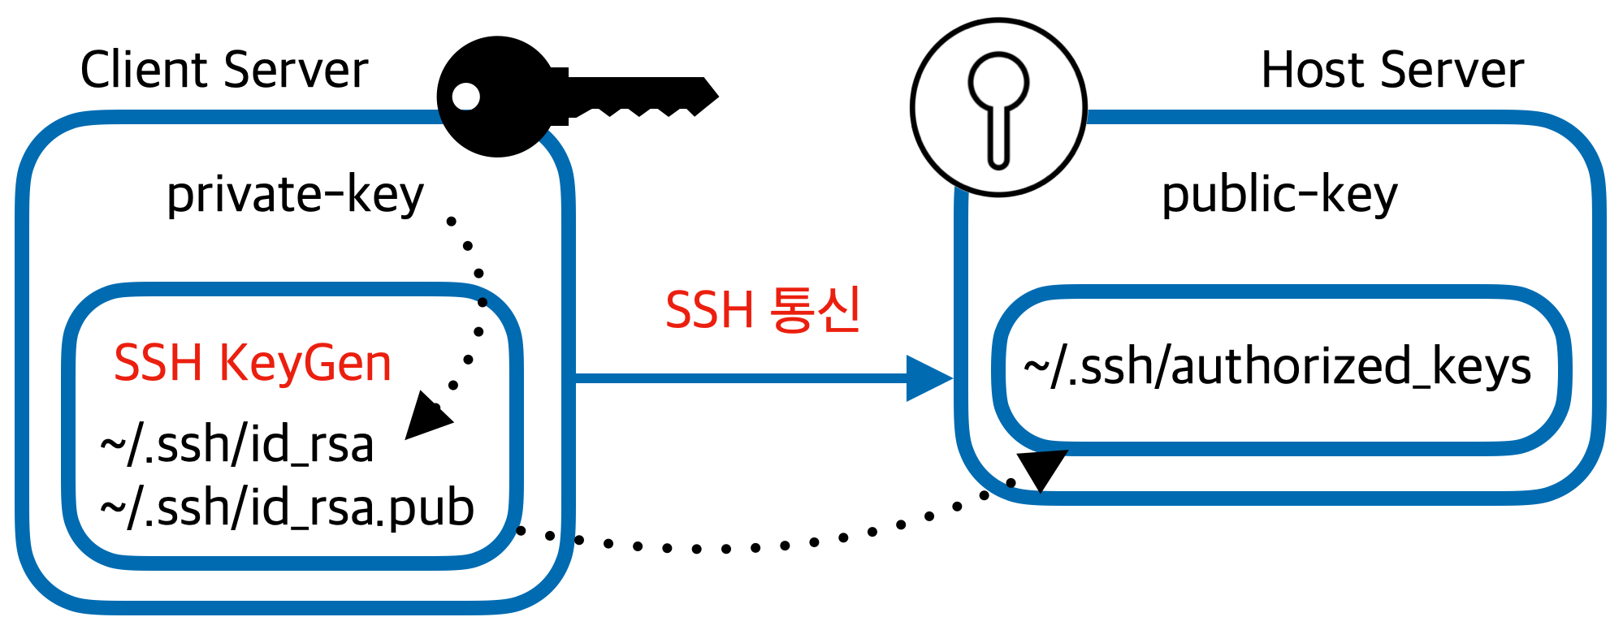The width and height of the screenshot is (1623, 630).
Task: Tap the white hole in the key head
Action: point(465,96)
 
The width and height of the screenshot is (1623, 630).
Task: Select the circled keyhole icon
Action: point(998,107)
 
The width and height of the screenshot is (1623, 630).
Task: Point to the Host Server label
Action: point(1391,70)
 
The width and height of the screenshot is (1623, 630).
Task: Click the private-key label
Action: point(295,195)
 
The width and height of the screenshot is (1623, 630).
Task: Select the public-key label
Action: point(1279,195)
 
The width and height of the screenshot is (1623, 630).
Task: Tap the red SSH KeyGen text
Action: point(253,363)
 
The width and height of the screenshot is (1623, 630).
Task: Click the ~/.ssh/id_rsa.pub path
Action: point(287,508)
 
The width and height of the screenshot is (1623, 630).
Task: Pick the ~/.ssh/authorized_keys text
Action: point(1277,366)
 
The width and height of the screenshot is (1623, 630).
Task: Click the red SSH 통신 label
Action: point(763,310)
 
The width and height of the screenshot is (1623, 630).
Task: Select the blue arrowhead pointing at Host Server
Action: point(928,378)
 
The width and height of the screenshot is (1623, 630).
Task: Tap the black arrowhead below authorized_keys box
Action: point(1041,470)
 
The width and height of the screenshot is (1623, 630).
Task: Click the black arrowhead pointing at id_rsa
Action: point(426,416)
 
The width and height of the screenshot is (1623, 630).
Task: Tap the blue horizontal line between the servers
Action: point(739,378)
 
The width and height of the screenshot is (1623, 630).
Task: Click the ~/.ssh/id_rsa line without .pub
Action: point(236,445)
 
